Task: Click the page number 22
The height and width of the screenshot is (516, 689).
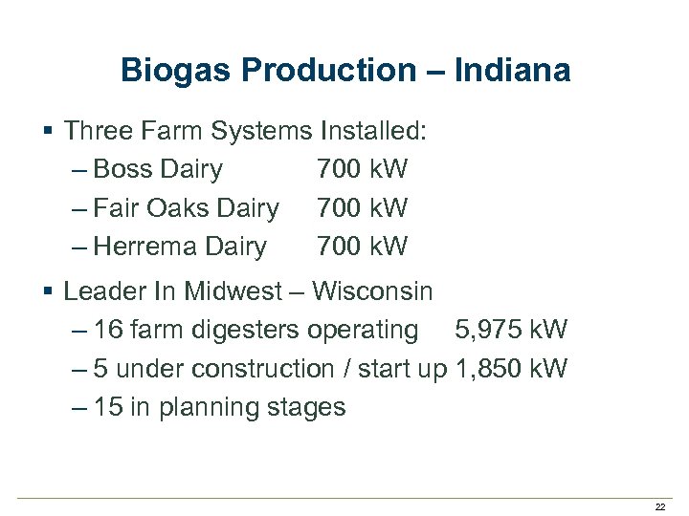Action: (x=659, y=506)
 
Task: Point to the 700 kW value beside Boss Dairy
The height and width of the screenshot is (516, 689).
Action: (x=362, y=170)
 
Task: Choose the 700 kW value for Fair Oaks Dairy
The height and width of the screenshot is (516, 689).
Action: (x=362, y=208)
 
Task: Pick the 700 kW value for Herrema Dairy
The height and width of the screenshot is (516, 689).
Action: (x=362, y=247)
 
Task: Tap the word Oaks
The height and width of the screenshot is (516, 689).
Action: (x=179, y=208)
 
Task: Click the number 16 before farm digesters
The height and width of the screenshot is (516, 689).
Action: (x=108, y=331)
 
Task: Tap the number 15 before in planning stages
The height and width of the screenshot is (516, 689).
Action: (x=108, y=408)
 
